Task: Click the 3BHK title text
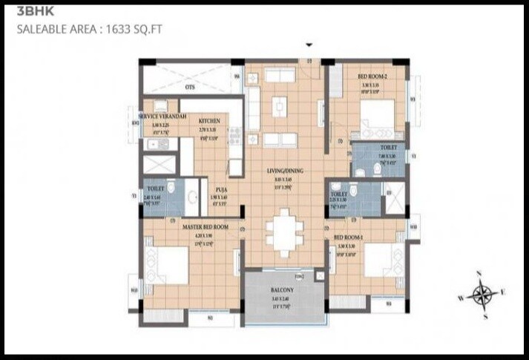click(31, 12)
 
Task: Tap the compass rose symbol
click(482, 295)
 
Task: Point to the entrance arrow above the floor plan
click(309, 45)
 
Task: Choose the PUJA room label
click(222, 189)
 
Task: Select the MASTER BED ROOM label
click(205, 226)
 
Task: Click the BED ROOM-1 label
click(350, 236)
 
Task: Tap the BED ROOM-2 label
click(371, 76)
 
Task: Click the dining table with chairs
click(284, 232)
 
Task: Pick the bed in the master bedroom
click(168, 263)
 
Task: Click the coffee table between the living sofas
click(279, 106)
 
